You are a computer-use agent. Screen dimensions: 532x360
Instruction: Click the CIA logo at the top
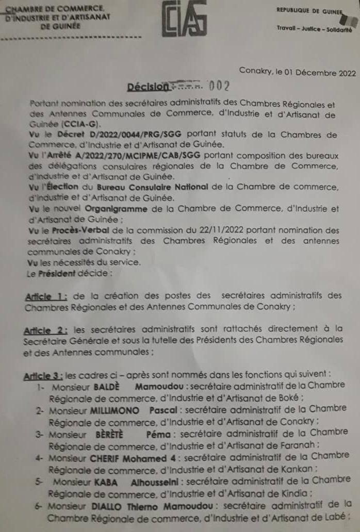(184, 19)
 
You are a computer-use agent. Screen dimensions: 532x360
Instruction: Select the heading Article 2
(45, 329)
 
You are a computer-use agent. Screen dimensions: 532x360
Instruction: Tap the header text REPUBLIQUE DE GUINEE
(310, 10)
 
